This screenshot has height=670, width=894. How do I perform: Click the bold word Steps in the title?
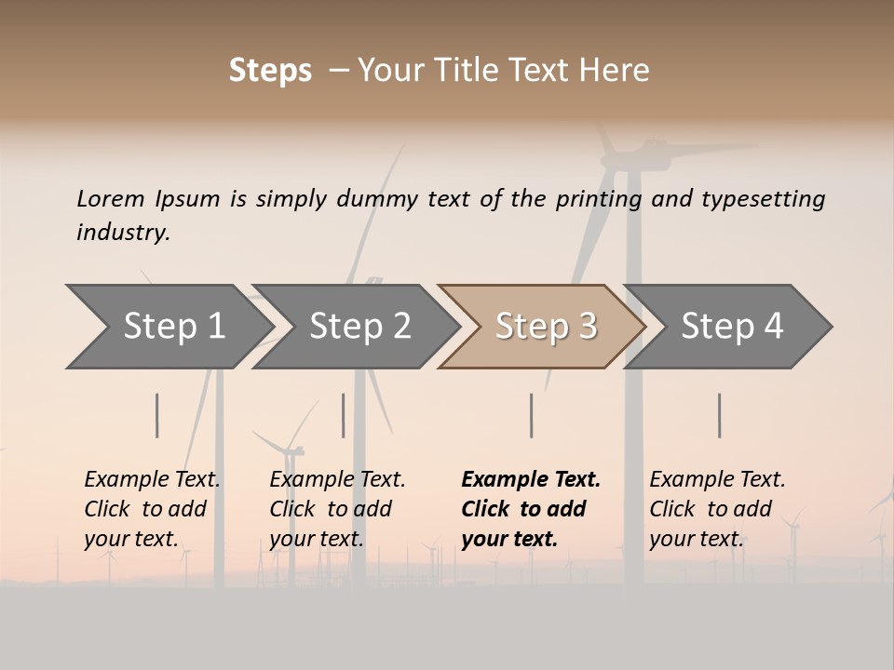(270, 71)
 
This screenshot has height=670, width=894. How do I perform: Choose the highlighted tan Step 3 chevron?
(546, 326)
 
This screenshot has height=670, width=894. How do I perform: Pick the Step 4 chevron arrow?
(732, 326)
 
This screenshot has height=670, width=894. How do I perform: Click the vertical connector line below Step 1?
(157, 415)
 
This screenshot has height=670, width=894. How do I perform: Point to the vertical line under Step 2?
(344, 415)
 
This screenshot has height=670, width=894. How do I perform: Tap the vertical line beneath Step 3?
(531, 415)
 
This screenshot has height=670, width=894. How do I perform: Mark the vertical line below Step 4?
(719, 415)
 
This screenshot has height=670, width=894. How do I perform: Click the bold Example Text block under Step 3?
(530, 509)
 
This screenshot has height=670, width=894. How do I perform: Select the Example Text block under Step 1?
(152, 509)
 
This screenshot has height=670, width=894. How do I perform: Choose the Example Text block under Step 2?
(337, 509)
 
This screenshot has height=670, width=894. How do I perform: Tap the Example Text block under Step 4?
(717, 509)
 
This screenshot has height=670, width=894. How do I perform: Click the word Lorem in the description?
(111, 198)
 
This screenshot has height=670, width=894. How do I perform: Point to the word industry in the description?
(123, 233)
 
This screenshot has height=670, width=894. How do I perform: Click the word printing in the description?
(598, 199)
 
